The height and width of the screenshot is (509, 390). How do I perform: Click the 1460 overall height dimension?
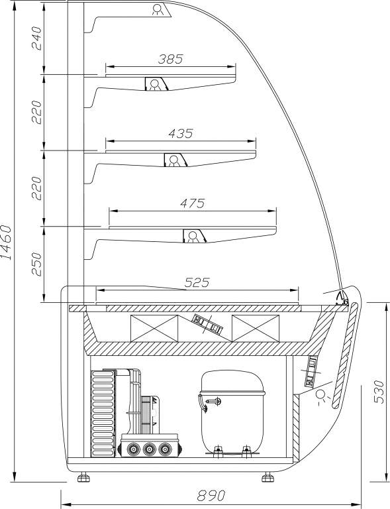(7, 242)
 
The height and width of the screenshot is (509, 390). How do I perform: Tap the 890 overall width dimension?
(211, 496)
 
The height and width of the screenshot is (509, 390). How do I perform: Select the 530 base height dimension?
(379, 392)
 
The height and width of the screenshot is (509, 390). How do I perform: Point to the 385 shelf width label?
(171, 59)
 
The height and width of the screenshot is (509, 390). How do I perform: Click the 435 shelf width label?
(181, 133)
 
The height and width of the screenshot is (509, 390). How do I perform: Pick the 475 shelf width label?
(193, 203)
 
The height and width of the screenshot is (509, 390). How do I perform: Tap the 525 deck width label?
(197, 282)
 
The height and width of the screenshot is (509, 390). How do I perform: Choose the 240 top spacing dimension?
(37, 38)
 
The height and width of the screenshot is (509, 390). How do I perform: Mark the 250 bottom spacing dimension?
(37, 264)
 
